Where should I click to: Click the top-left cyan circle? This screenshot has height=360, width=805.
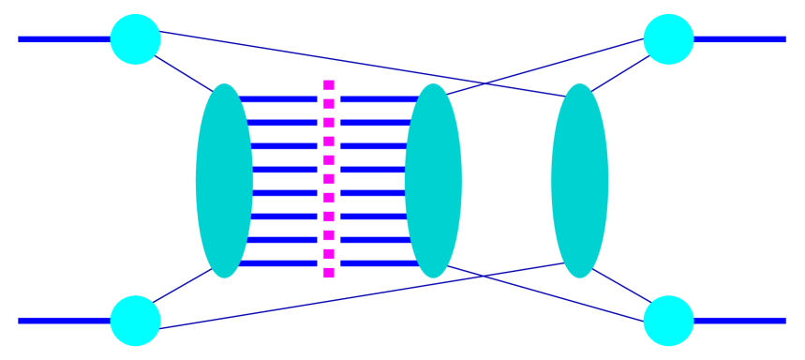pos(135,39)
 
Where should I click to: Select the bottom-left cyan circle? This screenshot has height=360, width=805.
pos(135,321)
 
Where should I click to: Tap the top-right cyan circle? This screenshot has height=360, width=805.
pos(668,39)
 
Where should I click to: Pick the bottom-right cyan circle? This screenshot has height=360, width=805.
pos(668,321)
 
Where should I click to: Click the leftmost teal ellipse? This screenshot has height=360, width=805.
pos(224,181)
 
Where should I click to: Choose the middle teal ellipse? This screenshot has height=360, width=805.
pos(433,181)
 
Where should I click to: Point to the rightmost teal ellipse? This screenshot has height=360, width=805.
pos(579,181)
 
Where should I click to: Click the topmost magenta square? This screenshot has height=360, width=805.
pos(329,85)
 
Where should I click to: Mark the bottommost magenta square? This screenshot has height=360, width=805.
pos(329,273)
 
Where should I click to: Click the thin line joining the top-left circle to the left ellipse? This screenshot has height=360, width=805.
pos(183,73)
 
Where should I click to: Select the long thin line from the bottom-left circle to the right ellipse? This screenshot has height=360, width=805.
pos(356,296)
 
